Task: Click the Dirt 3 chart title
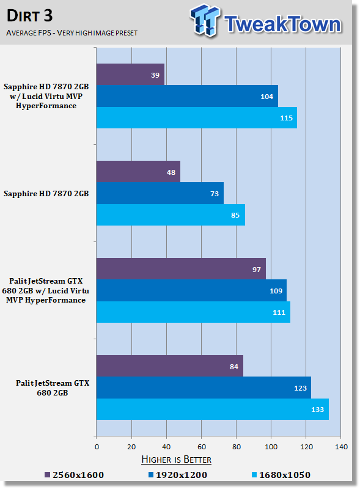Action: (29, 16)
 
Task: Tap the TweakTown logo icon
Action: (205, 20)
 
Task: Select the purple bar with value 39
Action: (130, 75)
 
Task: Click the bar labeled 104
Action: (187, 96)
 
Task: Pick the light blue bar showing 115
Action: (197, 117)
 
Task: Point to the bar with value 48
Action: (138, 172)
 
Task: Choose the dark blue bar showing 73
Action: (160, 193)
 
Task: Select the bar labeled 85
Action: (171, 215)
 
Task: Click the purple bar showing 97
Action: (181, 269)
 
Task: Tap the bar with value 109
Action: (191, 290)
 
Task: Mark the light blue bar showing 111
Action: (193, 312)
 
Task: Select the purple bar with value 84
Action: (170, 366)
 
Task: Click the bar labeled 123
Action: (204, 388)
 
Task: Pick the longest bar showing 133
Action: (213, 409)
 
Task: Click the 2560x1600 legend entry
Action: (74, 475)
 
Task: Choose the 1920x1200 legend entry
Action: (178, 475)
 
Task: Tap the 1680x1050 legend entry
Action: (281, 475)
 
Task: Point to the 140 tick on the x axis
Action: (341, 447)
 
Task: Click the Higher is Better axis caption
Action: (176, 460)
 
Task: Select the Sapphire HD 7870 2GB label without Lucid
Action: (46, 194)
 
